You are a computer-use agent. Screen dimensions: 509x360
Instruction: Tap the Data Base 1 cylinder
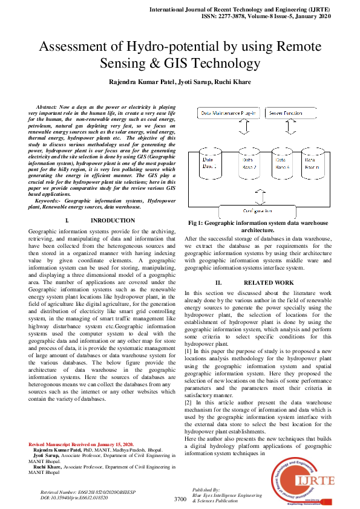point(210,162)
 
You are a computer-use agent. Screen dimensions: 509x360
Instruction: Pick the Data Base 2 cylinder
point(248,162)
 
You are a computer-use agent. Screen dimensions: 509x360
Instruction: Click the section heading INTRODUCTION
point(113,221)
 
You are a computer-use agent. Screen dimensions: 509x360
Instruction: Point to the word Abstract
point(50,106)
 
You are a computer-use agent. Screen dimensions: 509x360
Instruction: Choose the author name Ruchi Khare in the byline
point(232,82)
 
